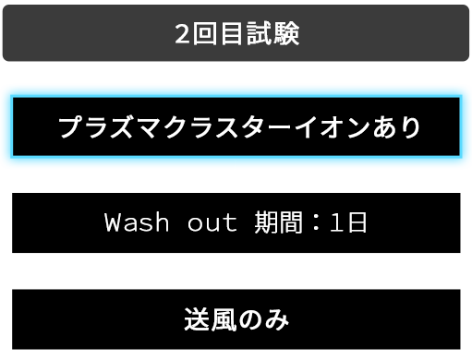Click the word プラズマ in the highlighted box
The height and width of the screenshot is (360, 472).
tap(102, 126)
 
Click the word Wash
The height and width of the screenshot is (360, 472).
tap(130, 222)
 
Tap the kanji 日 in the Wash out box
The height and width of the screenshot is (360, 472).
tap(357, 222)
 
